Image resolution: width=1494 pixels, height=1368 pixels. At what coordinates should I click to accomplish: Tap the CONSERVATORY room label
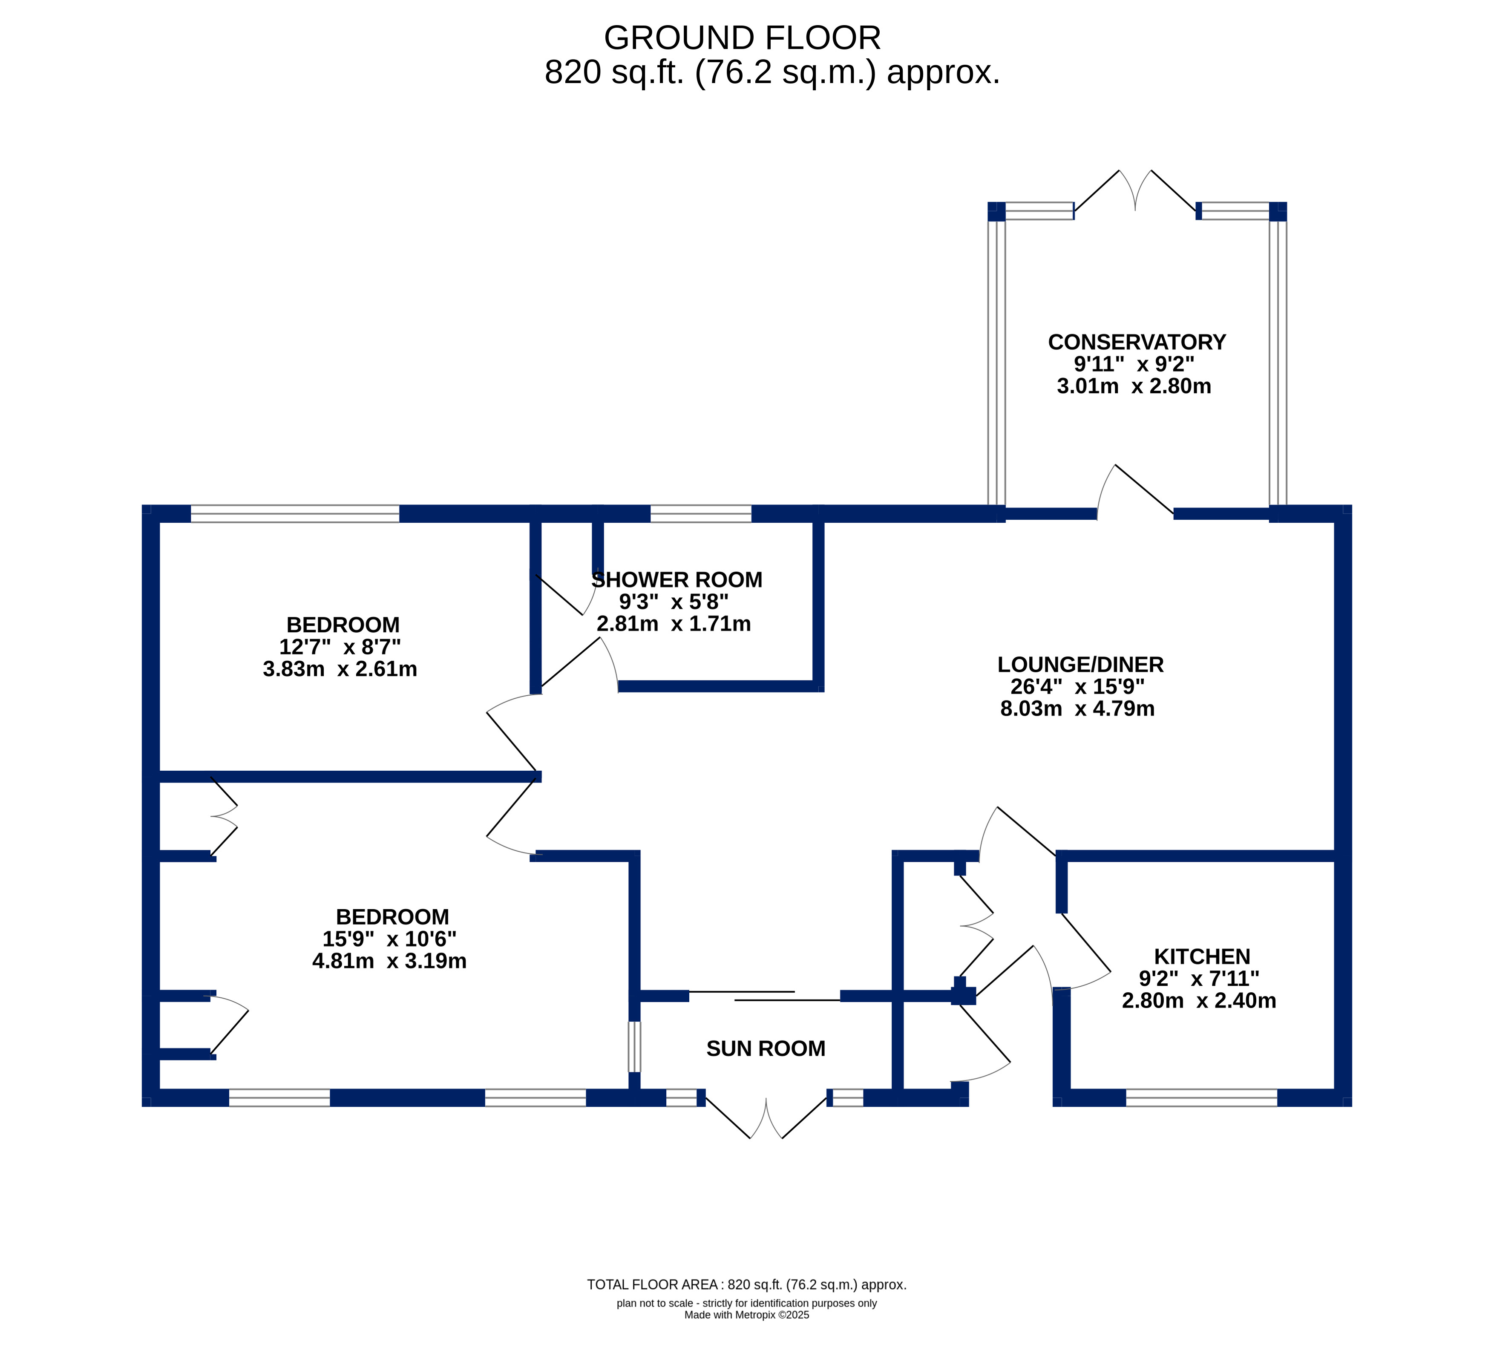1137,343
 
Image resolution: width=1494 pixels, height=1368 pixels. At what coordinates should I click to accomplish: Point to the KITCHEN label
1202,957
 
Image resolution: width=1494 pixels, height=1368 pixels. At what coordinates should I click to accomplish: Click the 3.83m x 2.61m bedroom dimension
340,669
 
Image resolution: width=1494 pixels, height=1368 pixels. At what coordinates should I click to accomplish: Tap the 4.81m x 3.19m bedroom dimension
390,961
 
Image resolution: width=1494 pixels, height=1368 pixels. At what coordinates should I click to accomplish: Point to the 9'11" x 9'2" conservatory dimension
1134,364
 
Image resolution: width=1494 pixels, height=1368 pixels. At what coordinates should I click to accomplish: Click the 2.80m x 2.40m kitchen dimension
1199,1000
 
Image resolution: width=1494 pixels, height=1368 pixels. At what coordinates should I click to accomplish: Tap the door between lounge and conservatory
1134,491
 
